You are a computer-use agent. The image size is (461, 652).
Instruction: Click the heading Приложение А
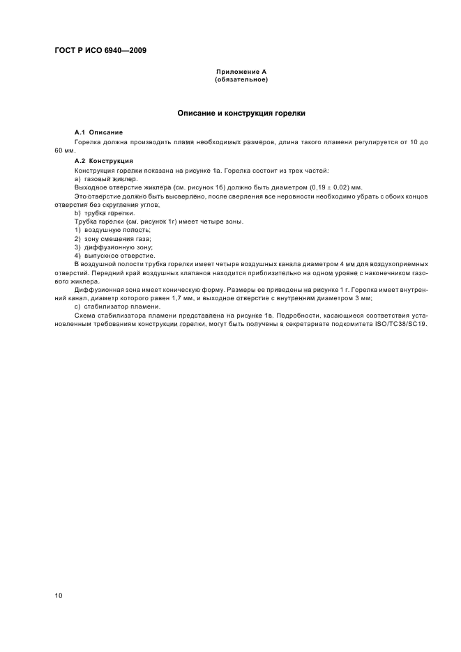(241, 72)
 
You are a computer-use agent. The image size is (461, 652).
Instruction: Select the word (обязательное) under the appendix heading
(241, 79)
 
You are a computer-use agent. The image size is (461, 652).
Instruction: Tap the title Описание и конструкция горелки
(241, 113)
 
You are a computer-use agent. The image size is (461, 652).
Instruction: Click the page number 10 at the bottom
(59, 595)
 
